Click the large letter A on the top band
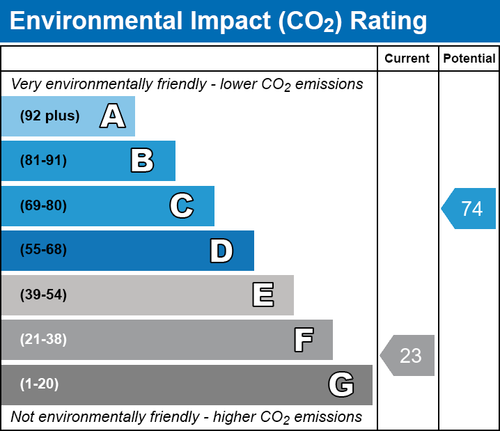coord(113,116)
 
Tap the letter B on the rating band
coord(142,161)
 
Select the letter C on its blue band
coord(181,205)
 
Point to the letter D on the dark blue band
coord(221,251)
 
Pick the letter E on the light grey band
coord(263,295)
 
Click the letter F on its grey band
coord(303,340)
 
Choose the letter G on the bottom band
coord(341,384)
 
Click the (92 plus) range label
coord(49,116)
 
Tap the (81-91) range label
coord(43,161)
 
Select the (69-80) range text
coord(43,205)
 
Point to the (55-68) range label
coord(43,250)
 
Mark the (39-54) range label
coord(43,295)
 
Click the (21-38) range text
coord(43,340)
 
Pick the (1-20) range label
coord(40,384)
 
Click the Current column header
coord(407,59)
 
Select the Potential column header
coord(469,59)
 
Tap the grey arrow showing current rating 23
coord(409,356)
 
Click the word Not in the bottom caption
coord(22,417)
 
